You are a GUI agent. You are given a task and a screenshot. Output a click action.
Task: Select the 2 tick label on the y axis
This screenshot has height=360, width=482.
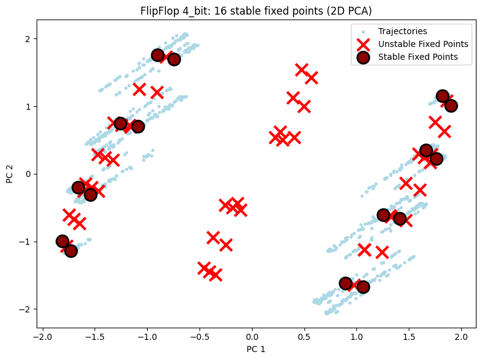coord(28,38)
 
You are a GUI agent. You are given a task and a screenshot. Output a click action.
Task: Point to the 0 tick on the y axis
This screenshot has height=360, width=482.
coord(28,174)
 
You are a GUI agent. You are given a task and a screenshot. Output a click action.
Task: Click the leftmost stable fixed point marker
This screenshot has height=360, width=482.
coord(62,241)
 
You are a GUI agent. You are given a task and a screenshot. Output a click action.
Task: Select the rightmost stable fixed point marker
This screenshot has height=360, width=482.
coord(451,106)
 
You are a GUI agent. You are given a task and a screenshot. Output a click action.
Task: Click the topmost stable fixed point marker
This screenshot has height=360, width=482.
coord(158,55)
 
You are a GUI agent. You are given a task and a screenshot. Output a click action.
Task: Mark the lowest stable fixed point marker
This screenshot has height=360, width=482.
coord(363,287)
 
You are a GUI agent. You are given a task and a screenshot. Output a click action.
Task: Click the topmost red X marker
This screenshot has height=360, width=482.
coord(301,70)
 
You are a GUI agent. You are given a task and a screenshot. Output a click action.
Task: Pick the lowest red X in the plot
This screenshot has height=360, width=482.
coord(215,275)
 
